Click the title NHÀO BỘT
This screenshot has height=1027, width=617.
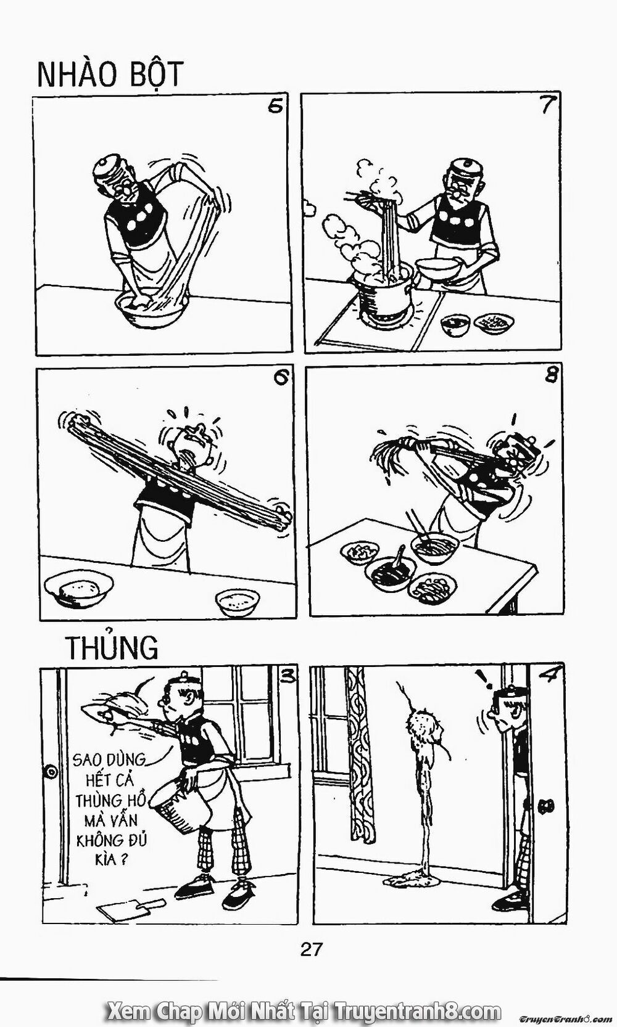tap(110, 75)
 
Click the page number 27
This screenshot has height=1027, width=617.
tap(312, 949)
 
